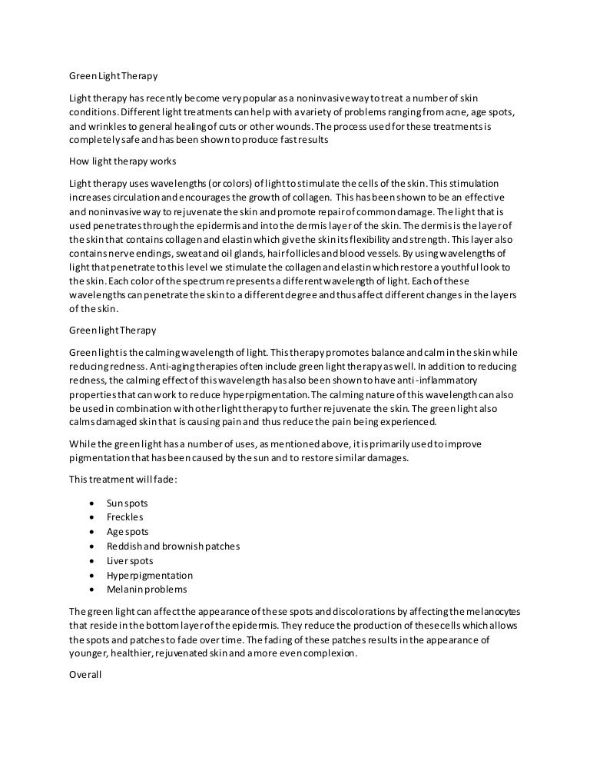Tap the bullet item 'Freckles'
(x=125, y=517)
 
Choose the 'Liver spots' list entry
(x=130, y=561)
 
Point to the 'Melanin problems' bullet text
(x=146, y=590)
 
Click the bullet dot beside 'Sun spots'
(x=92, y=503)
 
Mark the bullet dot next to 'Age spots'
(x=92, y=532)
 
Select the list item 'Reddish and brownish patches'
(x=173, y=546)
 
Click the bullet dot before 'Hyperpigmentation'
(x=92, y=576)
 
